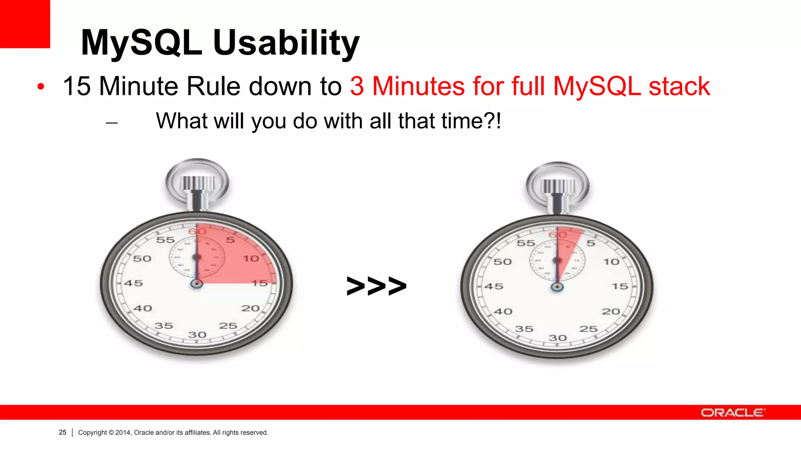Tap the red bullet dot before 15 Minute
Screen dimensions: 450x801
41,87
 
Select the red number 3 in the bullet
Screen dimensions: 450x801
357,86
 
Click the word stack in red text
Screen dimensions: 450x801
679,86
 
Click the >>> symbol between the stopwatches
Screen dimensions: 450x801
376,286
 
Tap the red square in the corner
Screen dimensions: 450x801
25,23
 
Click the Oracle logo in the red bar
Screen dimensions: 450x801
733,412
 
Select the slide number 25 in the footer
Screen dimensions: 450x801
63,432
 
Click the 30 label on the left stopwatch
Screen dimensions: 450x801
197,335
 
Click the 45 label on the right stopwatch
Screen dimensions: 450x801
494,286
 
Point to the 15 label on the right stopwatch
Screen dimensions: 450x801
620,286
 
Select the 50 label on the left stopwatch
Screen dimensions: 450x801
142,259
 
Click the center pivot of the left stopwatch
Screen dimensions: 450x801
197,284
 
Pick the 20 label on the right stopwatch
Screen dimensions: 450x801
611,312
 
